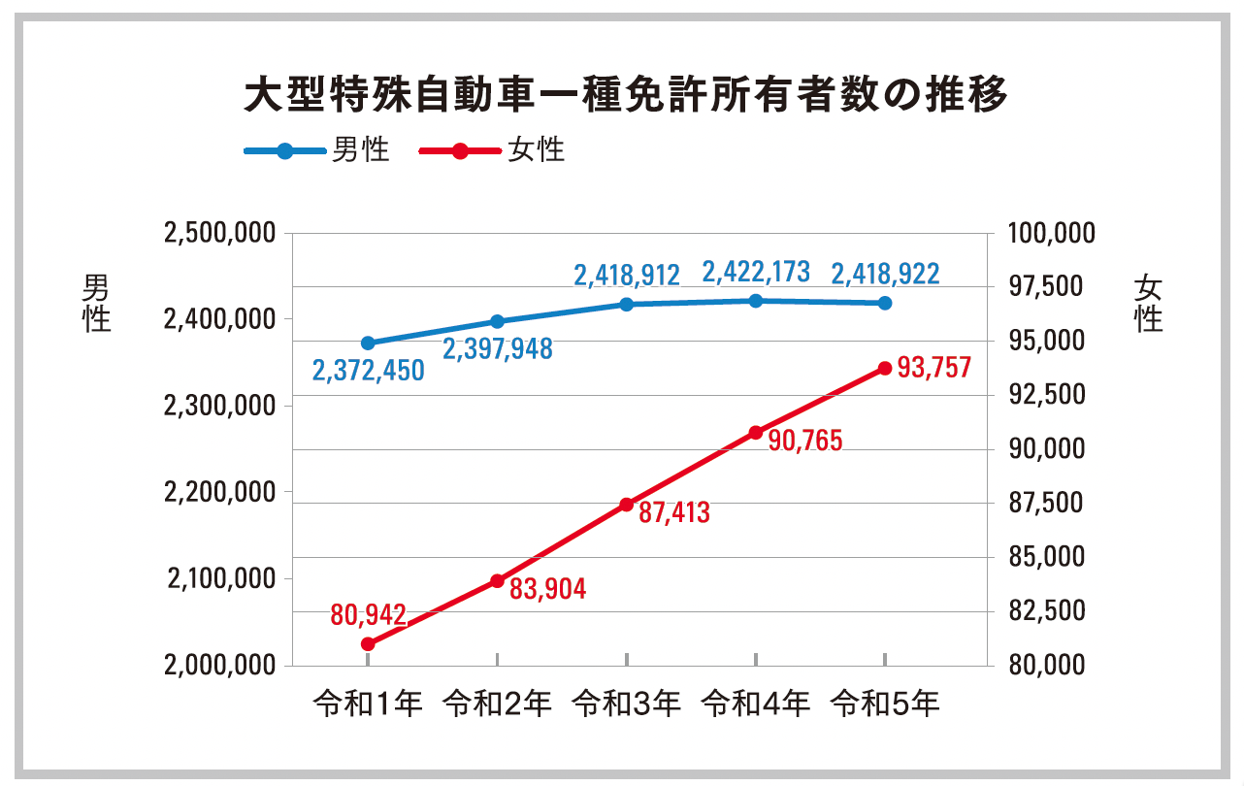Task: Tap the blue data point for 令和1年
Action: click(x=368, y=344)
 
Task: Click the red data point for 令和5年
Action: click(x=885, y=369)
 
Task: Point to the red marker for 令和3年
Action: click(x=627, y=505)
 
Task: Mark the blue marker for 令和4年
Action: click(x=756, y=301)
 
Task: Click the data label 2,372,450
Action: click(x=368, y=371)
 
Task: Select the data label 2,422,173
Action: click(x=755, y=273)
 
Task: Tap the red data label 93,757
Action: click(x=933, y=368)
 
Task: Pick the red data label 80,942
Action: click(x=368, y=613)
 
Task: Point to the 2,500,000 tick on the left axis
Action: click(x=220, y=234)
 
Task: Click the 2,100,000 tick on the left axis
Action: click(x=220, y=579)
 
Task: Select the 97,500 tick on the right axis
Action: click(x=1052, y=287)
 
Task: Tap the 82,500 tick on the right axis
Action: click(x=1052, y=611)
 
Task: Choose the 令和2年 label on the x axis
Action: click(x=497, y=704)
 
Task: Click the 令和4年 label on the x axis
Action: click(x=756, y=704)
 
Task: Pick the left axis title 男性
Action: click(x=96, y=303)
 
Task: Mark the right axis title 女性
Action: click(x=1149, y=303)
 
